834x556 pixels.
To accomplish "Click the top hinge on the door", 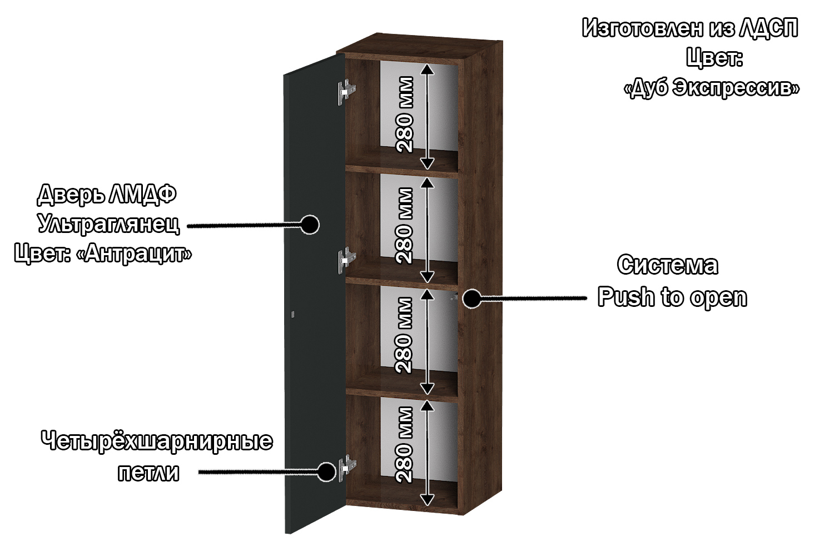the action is click(x=346, y=91).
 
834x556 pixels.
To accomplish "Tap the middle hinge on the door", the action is click(x=346, y=260).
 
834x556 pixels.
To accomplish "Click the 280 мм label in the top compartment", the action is click(x=405, y=115).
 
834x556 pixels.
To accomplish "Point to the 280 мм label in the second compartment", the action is click(x=405, y=226).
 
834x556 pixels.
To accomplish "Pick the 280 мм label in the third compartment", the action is click(x=405, y=335).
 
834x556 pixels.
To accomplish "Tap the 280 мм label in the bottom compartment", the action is click(x=405, y=445).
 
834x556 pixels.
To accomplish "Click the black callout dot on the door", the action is click(x=309, y=225).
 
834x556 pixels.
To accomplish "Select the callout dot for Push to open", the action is click(x=472, y=299).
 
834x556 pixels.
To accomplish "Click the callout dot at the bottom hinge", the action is click(x=326, y=472).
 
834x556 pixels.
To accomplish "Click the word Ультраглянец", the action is click(x=109, y=224).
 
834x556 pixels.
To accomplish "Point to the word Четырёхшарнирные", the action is click(x=157, y=441).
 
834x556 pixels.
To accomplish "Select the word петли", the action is click(x=148, y=473).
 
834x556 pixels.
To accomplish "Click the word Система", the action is click(x=668, y=265).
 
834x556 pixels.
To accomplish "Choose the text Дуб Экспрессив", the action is click(x=712, y=88).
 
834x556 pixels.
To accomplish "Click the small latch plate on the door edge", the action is click(x=292, y=315).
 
